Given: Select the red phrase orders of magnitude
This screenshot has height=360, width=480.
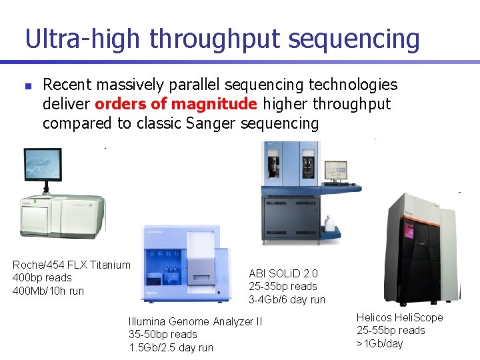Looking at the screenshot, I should pos(176,104).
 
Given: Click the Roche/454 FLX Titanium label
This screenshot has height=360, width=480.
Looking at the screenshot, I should pos(71,265).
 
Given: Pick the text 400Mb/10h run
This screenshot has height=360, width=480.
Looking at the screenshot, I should pos(48,291).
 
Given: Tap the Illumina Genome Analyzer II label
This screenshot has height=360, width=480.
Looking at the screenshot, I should pos(195,321).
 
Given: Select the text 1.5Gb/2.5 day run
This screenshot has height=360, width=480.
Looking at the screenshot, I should pos(171,347).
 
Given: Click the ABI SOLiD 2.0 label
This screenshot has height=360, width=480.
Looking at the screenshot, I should pos(283,273).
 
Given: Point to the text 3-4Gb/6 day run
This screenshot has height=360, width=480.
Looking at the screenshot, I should pos(287,299).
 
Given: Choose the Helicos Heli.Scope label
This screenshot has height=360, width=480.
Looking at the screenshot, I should pos(399,317).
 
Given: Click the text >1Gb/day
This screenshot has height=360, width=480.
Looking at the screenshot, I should pos(380,343).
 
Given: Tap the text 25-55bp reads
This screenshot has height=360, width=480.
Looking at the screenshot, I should pos(391,330).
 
